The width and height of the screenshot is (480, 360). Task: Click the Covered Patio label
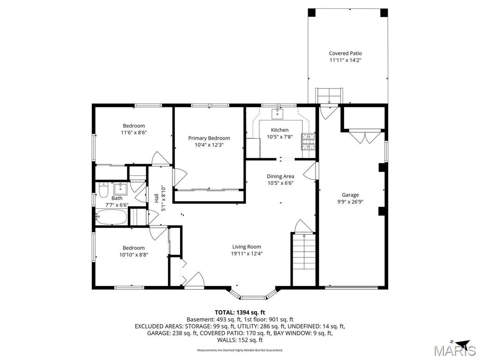345,53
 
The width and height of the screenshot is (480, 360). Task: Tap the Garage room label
350,195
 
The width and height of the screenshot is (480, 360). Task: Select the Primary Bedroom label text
209,138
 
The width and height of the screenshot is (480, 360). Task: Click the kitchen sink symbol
278,113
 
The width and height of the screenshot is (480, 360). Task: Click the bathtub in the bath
111,217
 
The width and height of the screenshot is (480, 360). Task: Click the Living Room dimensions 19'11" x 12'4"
247,254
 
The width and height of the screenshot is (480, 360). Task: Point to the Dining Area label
280,176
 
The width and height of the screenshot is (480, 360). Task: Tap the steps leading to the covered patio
329,96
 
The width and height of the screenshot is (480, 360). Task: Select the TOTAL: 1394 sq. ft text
240,312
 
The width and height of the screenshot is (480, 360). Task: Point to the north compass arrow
462,343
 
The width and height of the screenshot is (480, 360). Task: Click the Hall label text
157,199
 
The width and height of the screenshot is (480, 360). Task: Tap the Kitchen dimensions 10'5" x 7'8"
280,137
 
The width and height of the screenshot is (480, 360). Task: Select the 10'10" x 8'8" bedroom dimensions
134,255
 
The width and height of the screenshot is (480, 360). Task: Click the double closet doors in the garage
364,137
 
